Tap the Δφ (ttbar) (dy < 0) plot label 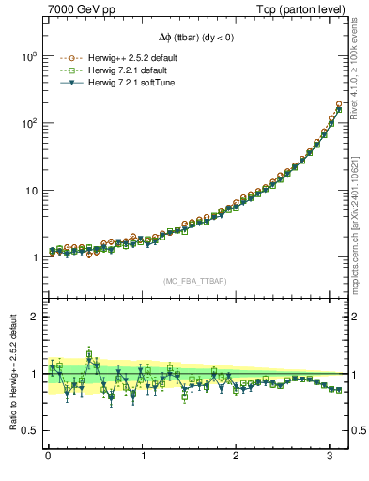click(x=194, y=39)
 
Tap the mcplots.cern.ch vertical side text click(x=356, y=222)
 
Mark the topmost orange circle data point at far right click(x=338, y=104)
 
